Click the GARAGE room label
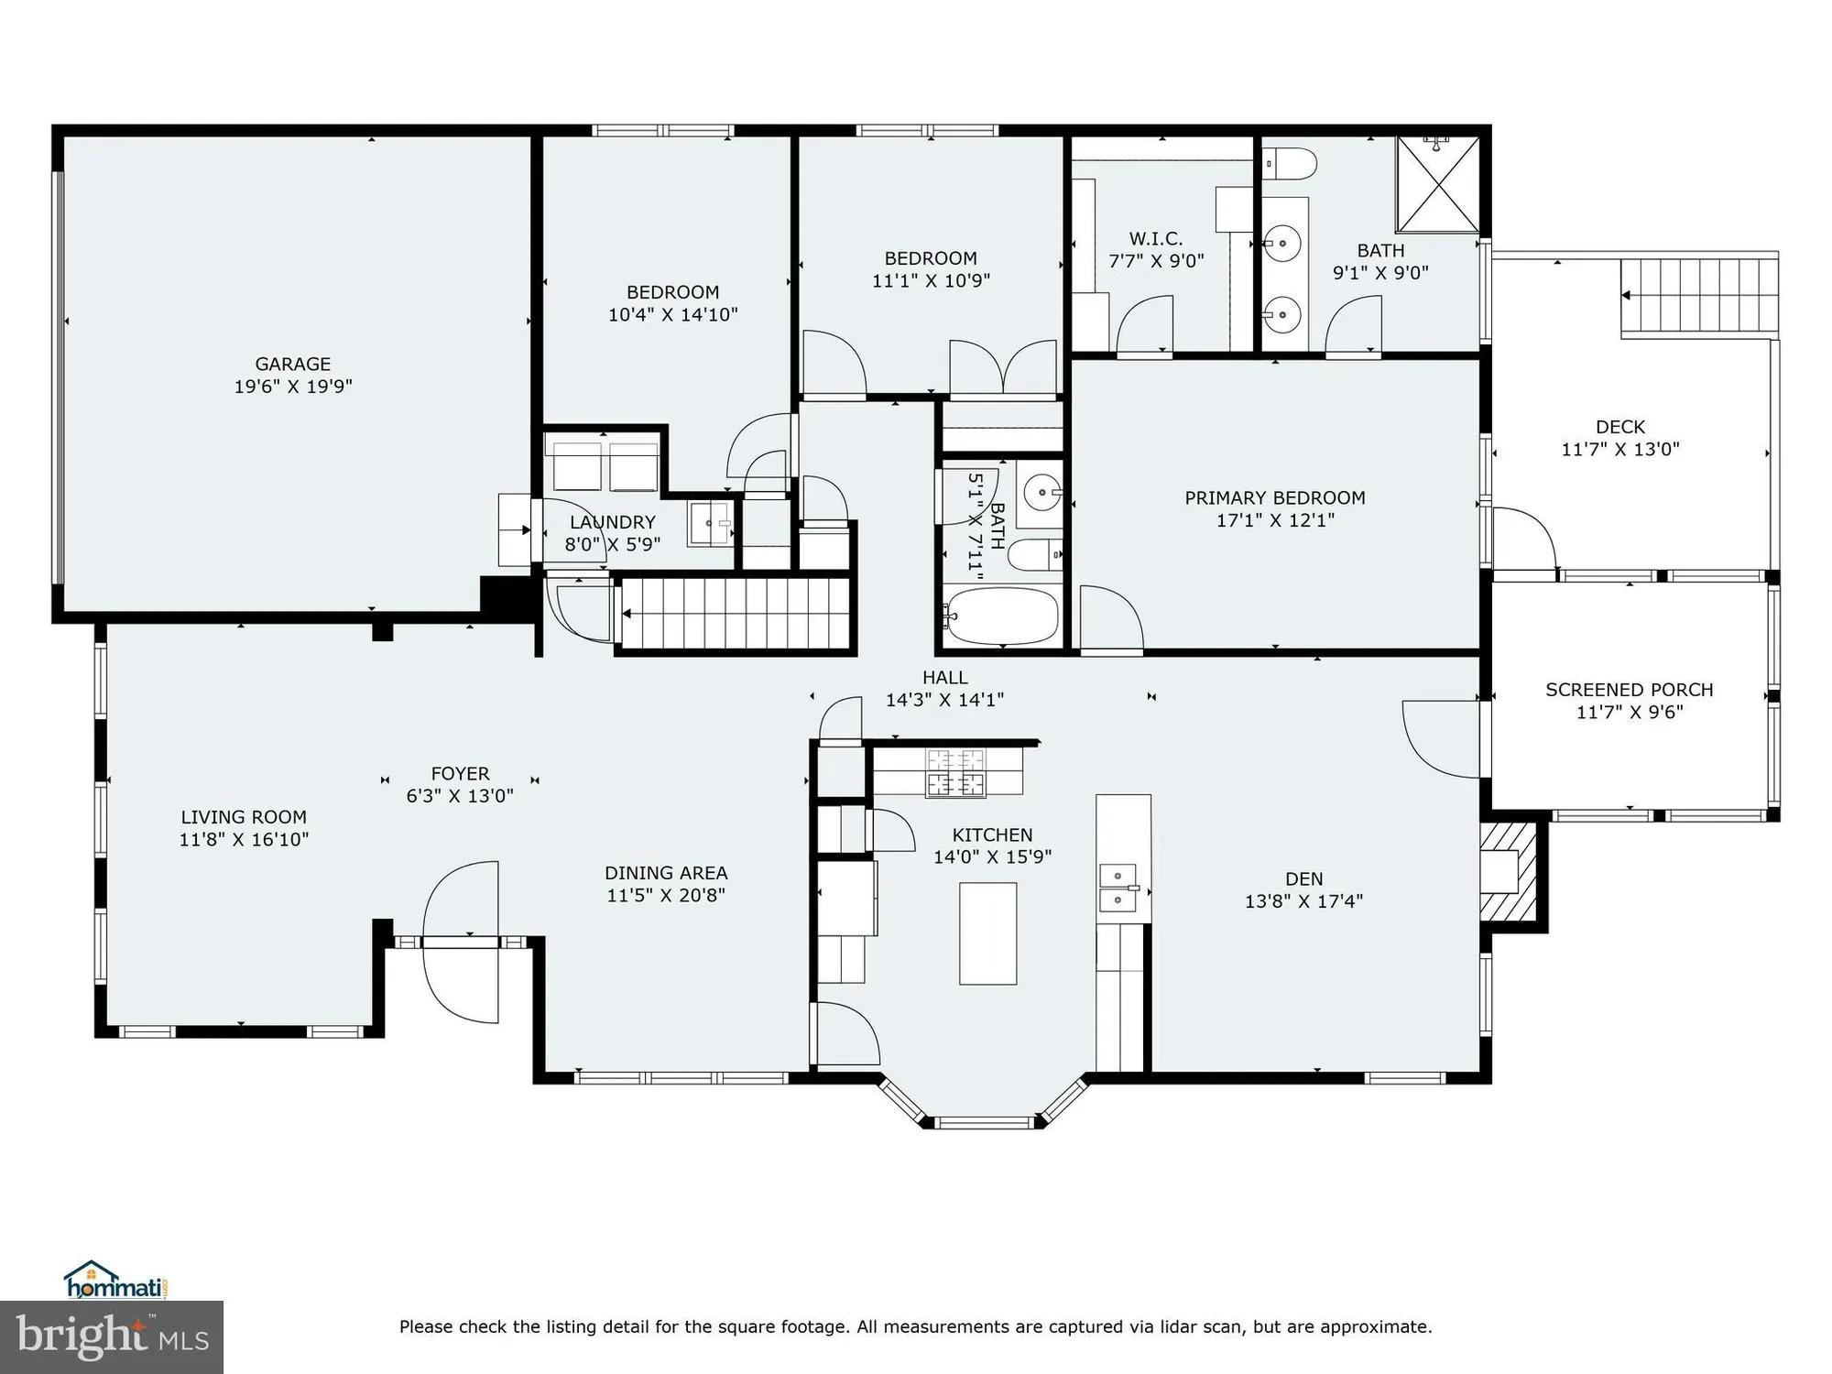pyautogui.click(x=292, y=365)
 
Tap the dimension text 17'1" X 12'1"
pyautogui.click(x=1274, y=520)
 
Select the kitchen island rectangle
pyautogui.click(x=987, y=932)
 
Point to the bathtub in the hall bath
pyautogui.click(x=1001, y=616)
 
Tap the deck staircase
pyautogui.click(x=1698, y=296)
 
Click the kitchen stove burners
pyautogui.click(x=954, y=772)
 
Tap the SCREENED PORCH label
pyautogui.click(x=1629, y=690)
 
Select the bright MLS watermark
pyautogui.click(x=111, y=1337)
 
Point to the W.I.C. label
pyautogui.click(x=1155, y=239)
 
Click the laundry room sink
pyautogui.click(x=711, y=523)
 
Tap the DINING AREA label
pyautogui.click(x=665, y=873)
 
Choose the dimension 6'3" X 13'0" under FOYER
pyautogui.click(x=459, y=796)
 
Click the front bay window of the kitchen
pyautogui.click(x=985, y=1121)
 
